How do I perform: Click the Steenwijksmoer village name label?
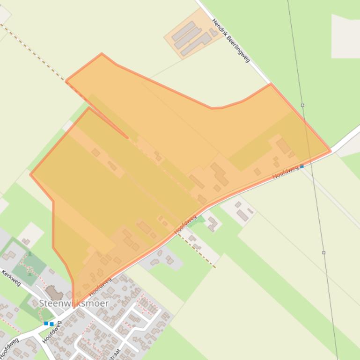tap(73, 303)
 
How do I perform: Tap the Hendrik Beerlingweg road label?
tap(230, 40)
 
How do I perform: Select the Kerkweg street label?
tap(12, 277)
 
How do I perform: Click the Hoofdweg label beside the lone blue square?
tap(286, 172)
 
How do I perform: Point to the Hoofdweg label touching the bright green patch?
tap(185, 224)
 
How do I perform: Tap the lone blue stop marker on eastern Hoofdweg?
tap(302, 166)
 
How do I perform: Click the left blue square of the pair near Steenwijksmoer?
tap(46, 323)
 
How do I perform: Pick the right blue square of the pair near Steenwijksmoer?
tap(51, 324)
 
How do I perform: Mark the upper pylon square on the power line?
tap(302, 105)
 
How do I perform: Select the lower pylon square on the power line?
tap(323, 252)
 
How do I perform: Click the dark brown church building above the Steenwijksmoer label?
tap(55, 294)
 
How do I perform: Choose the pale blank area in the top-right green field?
tap(345, 36)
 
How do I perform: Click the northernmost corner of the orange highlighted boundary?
tap(102, 54)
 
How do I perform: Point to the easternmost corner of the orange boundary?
tap(331, 151)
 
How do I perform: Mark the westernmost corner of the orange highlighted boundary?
tap(30, 174)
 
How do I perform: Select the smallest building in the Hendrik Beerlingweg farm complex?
tap(213, 32)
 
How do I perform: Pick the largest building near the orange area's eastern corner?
tap(283, 146)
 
